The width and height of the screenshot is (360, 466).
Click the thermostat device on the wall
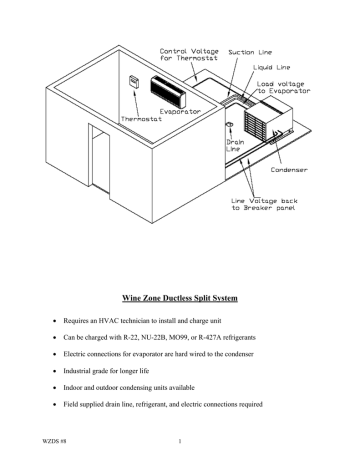134,82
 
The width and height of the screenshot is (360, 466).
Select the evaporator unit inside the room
168,91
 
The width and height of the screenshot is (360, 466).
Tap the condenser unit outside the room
268,120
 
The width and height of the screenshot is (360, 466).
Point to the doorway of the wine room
99,159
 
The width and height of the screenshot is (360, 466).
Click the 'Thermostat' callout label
141,119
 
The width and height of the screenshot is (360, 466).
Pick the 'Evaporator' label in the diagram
180,111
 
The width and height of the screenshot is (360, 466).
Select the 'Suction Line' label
250,52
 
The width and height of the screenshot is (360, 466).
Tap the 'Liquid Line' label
271,68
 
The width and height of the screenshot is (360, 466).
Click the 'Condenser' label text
289,170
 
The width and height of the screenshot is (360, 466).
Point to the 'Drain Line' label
235,145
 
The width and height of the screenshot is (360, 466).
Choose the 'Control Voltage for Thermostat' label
189,55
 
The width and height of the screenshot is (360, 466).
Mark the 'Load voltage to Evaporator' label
283,87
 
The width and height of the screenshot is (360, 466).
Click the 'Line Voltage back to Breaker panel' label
264,204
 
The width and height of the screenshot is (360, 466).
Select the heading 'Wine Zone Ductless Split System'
180,298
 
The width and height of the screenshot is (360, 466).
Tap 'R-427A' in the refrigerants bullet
210,337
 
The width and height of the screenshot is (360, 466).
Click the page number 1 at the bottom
180,441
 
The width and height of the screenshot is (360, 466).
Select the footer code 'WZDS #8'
54,441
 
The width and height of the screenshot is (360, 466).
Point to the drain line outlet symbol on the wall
230,125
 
